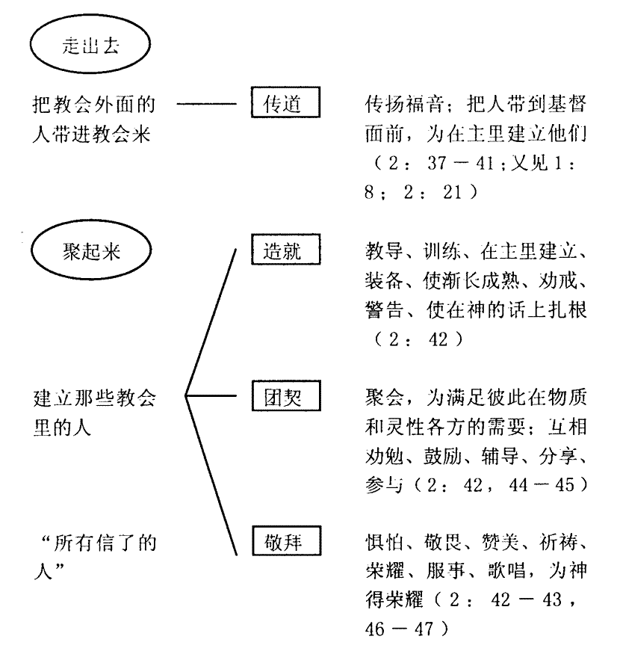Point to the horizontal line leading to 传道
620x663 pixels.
pyautogui.click(x=207, y=104)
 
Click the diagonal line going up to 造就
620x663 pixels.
pyautogui.click(x=211, y=322)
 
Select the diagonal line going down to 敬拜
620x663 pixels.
pyautogui.click(x=211, y=475)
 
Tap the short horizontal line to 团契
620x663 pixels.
pyautogui.click(x=211, y=395)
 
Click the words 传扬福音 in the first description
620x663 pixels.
pyautogui.click(x=403, y=104)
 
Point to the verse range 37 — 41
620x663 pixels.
pyautogui.click(x=460, y=163)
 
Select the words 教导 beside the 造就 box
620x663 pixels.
pyautogui.click(x=384, y=251)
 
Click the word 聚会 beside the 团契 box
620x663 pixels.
pyautogui.click(x=384, y=398)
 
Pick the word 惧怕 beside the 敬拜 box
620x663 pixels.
pyautogui.click(x=384, y=543)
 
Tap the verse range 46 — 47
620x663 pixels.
pyautogui.click(x=400, y=629)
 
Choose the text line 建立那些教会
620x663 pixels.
pyautogui.click(x=95, y=398)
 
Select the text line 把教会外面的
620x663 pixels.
pyautogui.click(x=94, y=105)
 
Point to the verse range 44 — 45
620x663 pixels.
pyautogui.click(x=542, y=485)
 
